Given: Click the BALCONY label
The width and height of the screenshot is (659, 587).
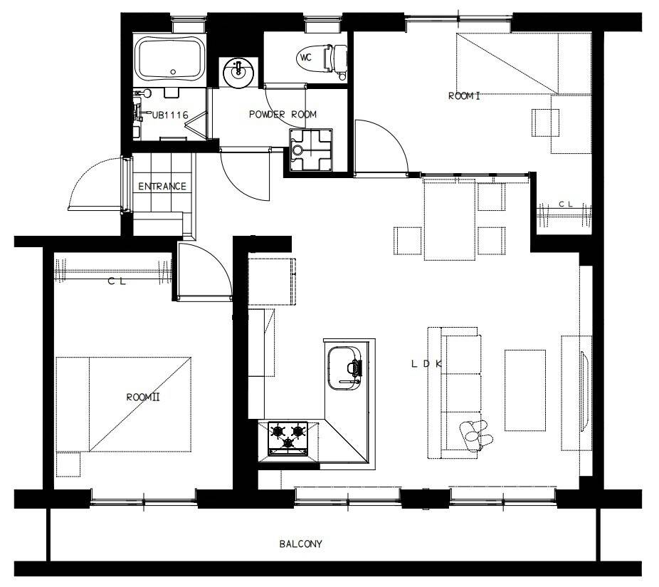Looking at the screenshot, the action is point(300,544).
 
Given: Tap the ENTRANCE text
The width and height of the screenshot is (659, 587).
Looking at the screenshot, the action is point(162,186).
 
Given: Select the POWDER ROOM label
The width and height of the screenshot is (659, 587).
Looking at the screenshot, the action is point(283,114).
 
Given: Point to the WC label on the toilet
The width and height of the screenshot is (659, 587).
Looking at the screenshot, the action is point(306,57).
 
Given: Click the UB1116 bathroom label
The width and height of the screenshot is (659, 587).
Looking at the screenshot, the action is point(170,115).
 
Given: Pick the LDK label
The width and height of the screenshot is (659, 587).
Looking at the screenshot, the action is point(426,364).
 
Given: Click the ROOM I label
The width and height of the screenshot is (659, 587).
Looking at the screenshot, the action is point(464,96).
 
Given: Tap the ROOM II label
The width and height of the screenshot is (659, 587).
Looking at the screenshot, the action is point(143,397).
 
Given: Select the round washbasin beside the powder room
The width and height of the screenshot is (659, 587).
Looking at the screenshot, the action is point(238,73).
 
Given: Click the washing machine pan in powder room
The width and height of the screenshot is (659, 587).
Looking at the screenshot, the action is point(311,150).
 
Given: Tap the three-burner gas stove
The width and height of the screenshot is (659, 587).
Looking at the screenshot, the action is point(288,438).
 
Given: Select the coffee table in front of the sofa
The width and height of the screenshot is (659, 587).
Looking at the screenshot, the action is point(525,390).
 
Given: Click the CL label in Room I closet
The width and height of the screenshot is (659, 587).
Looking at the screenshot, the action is point(566,204).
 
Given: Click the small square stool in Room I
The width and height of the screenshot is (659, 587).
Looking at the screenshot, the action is point(546,123).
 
